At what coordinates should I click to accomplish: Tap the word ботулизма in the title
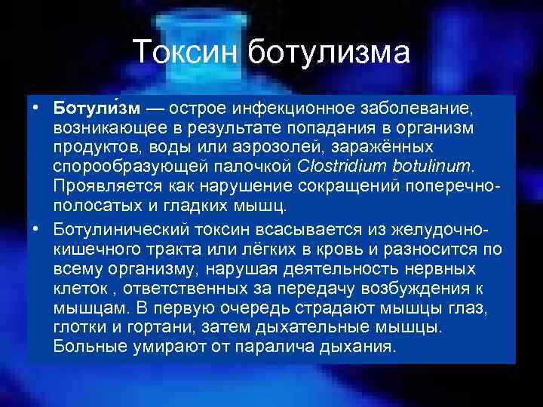pos(330,54)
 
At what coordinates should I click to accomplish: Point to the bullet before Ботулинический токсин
pos(35,226)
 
